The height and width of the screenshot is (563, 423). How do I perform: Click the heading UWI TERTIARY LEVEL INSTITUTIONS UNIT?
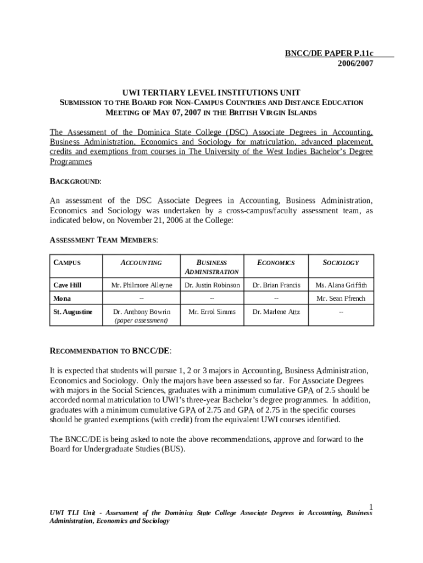tap(211, 92)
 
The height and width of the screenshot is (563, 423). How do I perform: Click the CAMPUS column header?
tap(67, 263)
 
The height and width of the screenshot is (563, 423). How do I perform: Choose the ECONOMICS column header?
tap(276, 263)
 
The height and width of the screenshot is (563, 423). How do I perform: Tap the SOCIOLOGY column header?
tap(341, 263)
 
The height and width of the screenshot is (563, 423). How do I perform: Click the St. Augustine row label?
tap(73, 312)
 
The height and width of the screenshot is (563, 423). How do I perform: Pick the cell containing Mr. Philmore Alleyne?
tap(142, 285)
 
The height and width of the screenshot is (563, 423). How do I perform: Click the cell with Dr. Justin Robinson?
tap(212, 285)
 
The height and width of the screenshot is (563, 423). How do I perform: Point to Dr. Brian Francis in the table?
tap(276, 285)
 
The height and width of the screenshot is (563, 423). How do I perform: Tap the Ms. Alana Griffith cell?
tap(341, 285)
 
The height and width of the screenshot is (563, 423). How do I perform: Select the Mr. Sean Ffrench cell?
tap(341, 299)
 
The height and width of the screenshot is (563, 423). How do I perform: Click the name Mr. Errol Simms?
tap(212, 312)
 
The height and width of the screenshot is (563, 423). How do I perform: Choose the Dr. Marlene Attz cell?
tap(276, 312)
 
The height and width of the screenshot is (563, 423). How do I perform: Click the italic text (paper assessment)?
tap(141, 320)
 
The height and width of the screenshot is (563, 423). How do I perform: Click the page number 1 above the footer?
tap(371, 506)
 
